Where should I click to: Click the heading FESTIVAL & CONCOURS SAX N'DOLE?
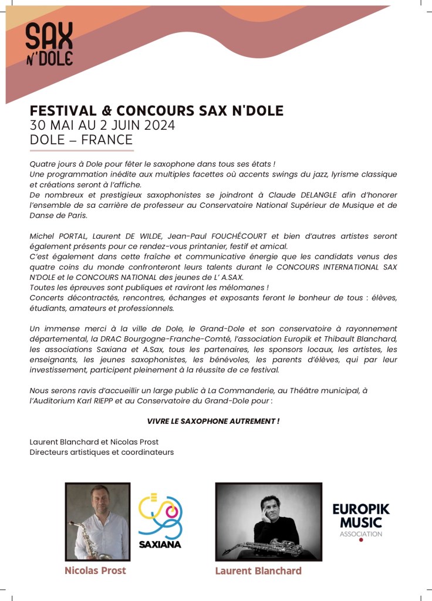(x=156, y=111)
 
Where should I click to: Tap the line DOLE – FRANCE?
(x=81, y=140)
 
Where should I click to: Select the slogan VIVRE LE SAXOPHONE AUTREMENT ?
(x=213, y=421)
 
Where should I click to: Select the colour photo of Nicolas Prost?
(x=97, y=521)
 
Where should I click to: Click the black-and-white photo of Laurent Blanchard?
(x=268, y=521)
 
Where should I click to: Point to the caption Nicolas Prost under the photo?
(x=95, y=570)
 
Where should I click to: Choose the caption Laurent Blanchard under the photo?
(x=258, y=571)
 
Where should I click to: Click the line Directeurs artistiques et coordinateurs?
(x=102, y=453)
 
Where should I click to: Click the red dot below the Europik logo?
(x=360, y=540)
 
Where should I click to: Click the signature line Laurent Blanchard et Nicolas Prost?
(x=94, y=442)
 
